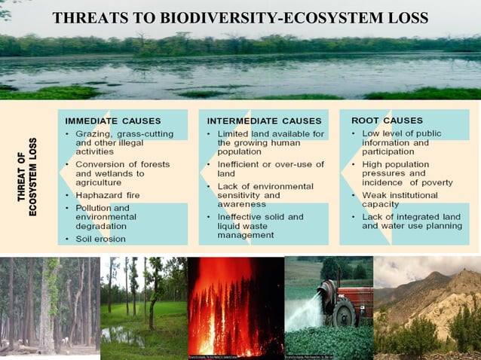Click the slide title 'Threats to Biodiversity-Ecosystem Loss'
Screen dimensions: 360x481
[x=240, y=17]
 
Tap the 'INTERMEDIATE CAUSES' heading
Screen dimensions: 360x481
[x=264, y=121]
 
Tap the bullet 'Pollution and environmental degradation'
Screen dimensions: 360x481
[x=117, y=217]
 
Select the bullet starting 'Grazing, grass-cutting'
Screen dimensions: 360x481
[x=121, y=142]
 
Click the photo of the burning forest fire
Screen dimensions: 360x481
[x=234, y=307]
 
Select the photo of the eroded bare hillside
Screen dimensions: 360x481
[x=427, y=307]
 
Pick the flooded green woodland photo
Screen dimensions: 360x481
[x=143, y=307]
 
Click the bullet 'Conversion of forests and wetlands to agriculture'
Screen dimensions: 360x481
[x=121, y=173]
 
